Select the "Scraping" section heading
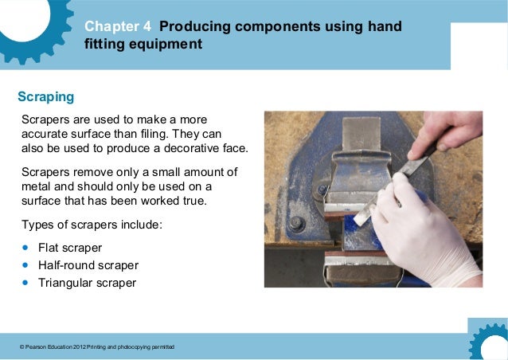click(45, 97)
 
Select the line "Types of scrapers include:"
click(92, 225)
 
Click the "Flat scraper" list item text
click(70, 248)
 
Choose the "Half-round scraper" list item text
click(88, 265)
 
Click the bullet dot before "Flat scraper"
click(25, 248)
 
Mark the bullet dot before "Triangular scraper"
click(25, 283)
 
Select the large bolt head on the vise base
click(296, 224)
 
